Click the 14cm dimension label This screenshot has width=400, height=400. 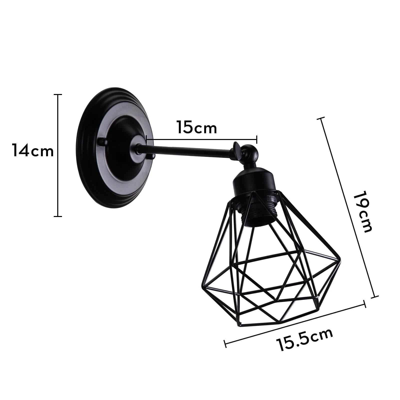[x=33, y=150]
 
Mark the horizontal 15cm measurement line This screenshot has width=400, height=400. [x=201, y=139]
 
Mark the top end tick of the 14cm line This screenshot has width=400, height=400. [x=58, y=95]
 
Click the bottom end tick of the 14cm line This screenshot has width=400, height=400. [x=58, y=216]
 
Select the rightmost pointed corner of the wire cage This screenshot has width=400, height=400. [x=341, y=260]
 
